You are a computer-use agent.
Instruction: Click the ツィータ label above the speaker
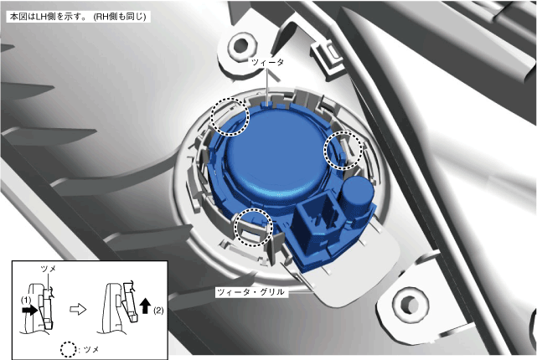coord(267,62)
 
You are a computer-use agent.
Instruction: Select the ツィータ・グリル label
coord(250,292)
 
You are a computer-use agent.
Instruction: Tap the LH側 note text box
coord(78,17)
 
